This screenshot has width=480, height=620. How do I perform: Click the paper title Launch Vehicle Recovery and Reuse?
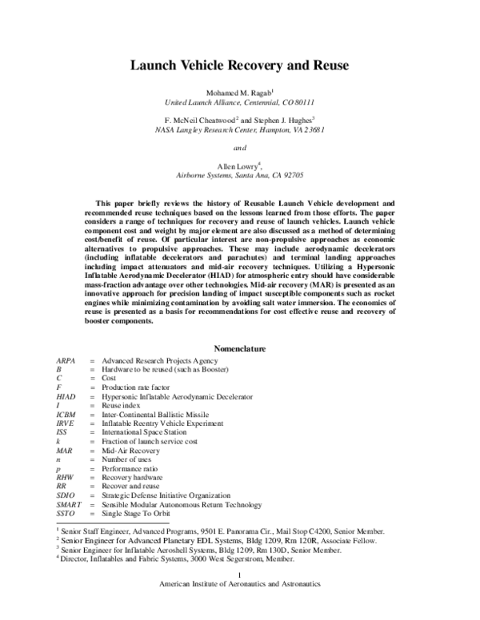point(240,69)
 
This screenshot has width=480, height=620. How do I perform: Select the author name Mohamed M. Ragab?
point(238,94)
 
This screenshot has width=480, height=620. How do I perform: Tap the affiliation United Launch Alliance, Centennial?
point(240,104)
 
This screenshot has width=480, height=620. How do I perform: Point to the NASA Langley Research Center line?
point(240,129)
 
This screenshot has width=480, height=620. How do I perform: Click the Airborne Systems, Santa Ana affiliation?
point(240,173)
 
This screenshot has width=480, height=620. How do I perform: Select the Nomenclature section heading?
point(240,348)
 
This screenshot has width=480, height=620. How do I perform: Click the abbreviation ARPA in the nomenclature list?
point(66,361)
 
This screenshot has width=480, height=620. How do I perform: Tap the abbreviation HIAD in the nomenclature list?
point(66,396)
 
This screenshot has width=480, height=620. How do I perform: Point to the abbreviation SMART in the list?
point(69,504)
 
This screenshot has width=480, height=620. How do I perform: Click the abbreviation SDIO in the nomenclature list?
point(66,495)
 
